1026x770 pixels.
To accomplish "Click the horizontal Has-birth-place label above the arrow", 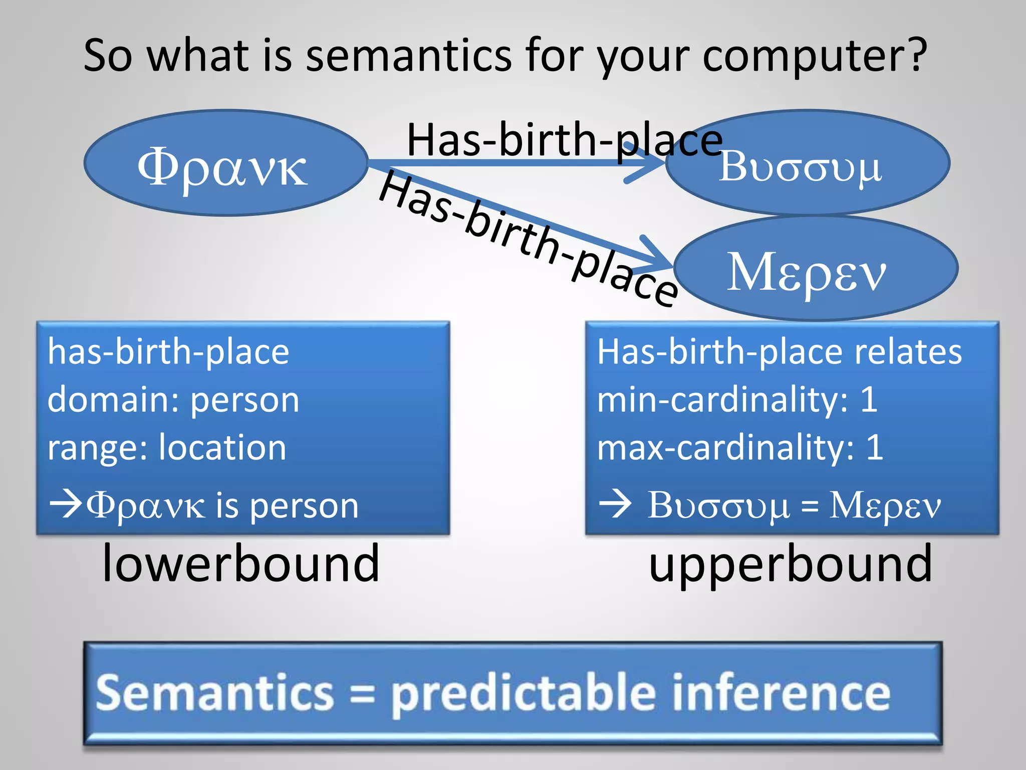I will pos(564,140).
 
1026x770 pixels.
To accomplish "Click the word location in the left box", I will pos(222,447).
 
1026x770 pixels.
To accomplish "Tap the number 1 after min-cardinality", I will pos(869,400).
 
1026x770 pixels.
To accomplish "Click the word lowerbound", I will pos(240,564).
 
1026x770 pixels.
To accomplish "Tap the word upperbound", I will pos(790,564).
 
